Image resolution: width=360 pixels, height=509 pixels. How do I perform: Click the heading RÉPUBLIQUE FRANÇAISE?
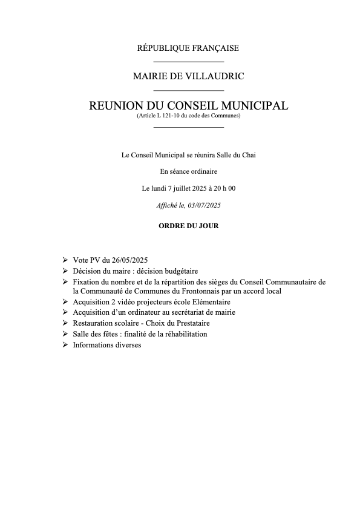pyautogui.click(x=189, y=48)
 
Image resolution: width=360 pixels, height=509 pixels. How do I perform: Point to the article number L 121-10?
pyautogui.click(x=170, y=116)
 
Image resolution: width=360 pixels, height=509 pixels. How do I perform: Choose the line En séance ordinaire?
pyautogui.click(x=189, y=172)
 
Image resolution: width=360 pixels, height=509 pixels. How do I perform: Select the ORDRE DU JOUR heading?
pyautogui.click(x=189, y=226)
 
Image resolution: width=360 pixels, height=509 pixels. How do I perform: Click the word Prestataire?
pyautogui.click(x=189, y=323)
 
